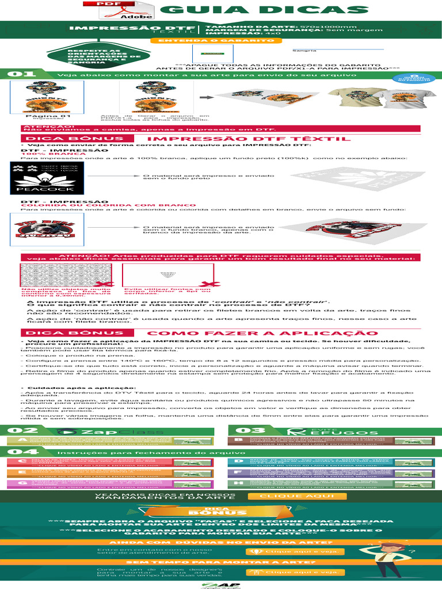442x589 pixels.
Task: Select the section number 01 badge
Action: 13,74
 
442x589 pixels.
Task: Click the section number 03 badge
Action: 242,430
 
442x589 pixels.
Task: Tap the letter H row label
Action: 238,483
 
